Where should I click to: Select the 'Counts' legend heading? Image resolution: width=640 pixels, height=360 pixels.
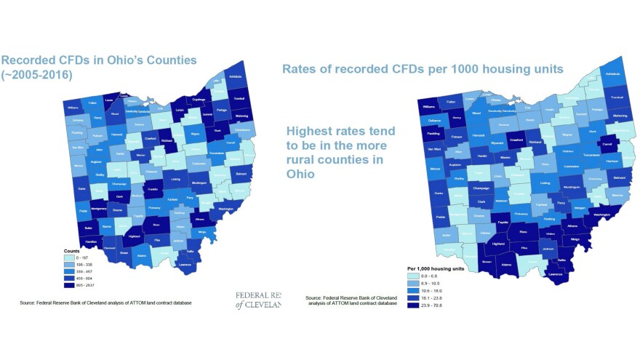(x=71, y=250)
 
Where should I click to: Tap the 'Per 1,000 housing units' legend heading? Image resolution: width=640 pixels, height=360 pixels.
(x=436, y=268)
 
